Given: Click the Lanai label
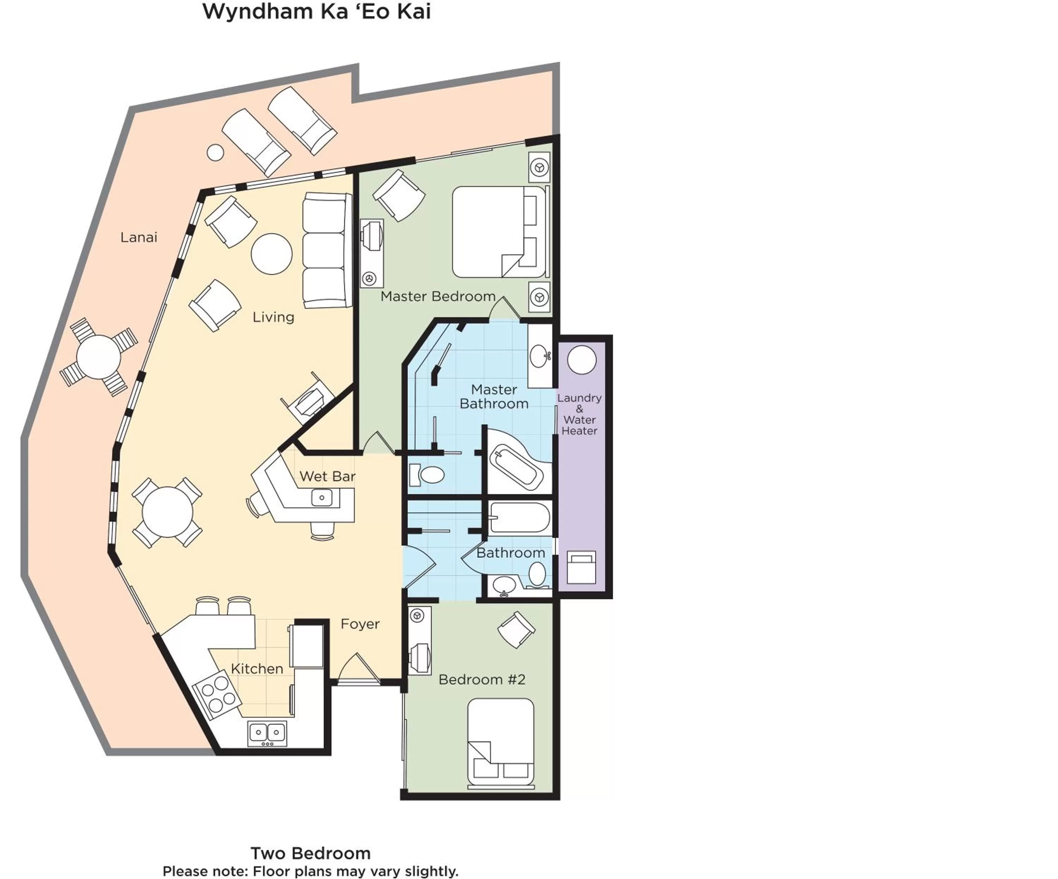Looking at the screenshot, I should pyautogui.click(x=139, y=237).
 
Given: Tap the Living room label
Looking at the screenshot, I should pyautogui.click(x=273, y=317).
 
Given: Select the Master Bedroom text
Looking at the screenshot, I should pyautogui.click(x=438, y=296).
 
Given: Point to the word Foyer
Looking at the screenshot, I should pyautogui.click(x=360, y=624).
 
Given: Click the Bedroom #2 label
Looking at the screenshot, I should pyautogui.click(x=482, y=680).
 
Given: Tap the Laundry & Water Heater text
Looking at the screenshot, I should pyautogui.click(x=579, y=414).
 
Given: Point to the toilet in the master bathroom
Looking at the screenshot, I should pyautogui.click(x=427, y=474).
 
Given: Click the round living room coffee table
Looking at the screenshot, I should pyautogui.click(x=272, y=254).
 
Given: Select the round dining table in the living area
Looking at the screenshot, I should pyautogui.click(x=167, y=512).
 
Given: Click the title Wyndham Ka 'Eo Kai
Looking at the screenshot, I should pyautogui.click(x=316, y=12).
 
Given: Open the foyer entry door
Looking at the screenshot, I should pyautogui.click(x=358, y=670).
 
